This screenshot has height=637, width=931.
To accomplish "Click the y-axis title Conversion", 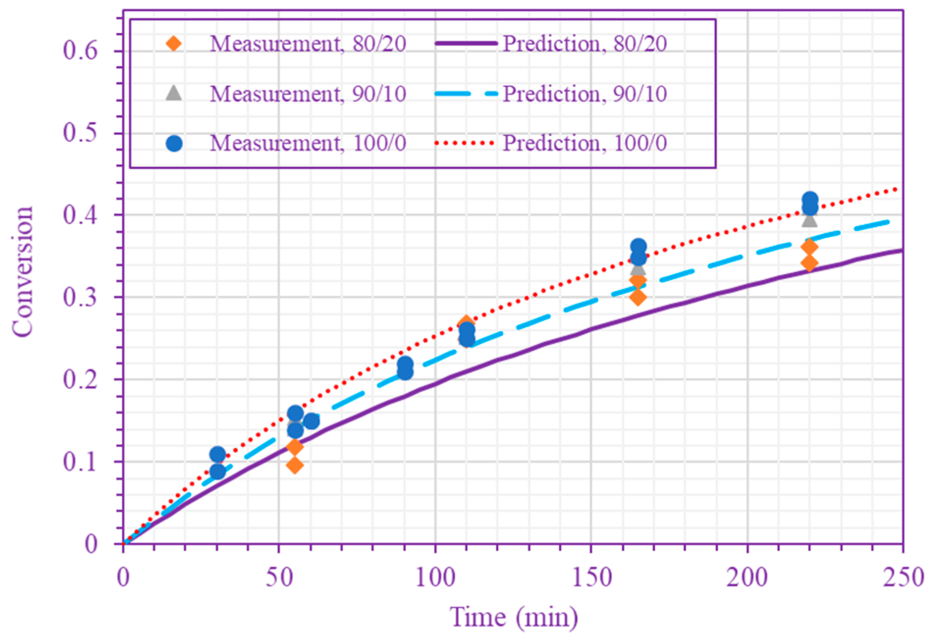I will pyautogui.click(x=23, y=272).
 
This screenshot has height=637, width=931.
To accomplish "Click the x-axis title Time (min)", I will pyautogui.click(x=513, y=617).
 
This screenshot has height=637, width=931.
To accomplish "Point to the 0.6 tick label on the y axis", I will pyautogui.click(x=80, y=51).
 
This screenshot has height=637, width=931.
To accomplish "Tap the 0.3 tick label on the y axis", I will pyautogui.click(x=80, y=297).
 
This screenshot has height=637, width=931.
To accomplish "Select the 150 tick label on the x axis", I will pyautogui.click(x=591, y=577).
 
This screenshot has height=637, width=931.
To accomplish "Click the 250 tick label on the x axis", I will pyautogui.click(x=903, y=577).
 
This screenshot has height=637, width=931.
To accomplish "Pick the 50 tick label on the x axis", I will pyautogui.click(x=279, y=577).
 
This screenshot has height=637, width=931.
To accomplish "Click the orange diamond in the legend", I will pyautogui.click(x=174, y=44).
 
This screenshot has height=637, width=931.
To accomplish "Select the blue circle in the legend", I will pyautogui.click(x=174, y=143).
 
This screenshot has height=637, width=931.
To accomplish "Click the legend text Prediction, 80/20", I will pyautogui.click(x=584, y=44).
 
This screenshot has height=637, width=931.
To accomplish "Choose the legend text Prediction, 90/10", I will pyautogui.click(x=584, y=94).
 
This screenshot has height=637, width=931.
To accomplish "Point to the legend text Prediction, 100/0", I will pyautogui.click(x=584, y=143).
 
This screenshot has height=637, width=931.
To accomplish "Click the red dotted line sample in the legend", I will pyautogui.click(x=464, y=143).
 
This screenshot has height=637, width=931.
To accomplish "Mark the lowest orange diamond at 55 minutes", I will pyautogui.click(x=294, y=465).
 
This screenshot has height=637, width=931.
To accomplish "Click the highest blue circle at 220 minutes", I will pyautogui.click(x=810, y=200).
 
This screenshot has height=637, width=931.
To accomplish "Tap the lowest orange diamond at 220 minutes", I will pyautogui.click(x=809, y=263).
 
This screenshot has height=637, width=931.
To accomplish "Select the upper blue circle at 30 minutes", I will pyautogui.click(x=217, y=454).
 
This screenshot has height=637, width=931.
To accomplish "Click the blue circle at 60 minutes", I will pyautogui.click(x=311, y=421).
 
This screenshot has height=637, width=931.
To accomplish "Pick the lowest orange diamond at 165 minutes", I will pyautogui.click(x=638, y=297).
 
